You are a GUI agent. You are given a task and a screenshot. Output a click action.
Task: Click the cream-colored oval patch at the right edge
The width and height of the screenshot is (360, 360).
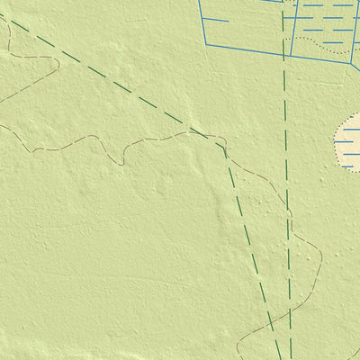pyautogui.click(x=349, y=142)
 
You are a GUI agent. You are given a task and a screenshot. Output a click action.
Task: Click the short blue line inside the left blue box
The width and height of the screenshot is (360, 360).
pyautogui.click(x=216, y=19)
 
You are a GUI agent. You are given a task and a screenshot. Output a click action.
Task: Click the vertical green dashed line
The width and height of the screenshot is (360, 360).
pyautogui.click(x=286, y=180)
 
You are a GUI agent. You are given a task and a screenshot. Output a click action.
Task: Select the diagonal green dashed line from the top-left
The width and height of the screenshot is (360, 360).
pyautogui.click(x=108, y=76)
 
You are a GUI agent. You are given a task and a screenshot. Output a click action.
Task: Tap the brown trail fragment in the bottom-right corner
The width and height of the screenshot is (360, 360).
pyautogui.click(x=353, y=353)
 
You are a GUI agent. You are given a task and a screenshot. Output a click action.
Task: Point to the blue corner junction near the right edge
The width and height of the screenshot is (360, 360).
pyautogui.click(x=350, y=63)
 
